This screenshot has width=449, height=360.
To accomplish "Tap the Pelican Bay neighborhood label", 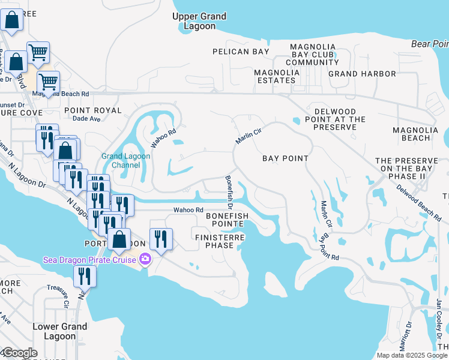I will tap(241, 52).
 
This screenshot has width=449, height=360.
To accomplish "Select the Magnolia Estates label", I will tap(277, 76).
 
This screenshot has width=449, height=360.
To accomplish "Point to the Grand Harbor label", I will tap(362, 74).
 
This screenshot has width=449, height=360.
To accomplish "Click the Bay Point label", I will tap(286, 158).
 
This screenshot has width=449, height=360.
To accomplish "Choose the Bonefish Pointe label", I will tap(225, 219).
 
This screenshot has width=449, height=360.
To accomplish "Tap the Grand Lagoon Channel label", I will tap(125, 161).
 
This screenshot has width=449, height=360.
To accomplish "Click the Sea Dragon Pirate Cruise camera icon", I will tap(145, 259).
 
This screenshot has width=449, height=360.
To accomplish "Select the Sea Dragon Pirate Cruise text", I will tap(90, 260).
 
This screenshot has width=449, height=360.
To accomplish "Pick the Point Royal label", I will tap(92, 110).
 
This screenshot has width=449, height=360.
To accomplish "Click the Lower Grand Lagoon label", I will tap(60, 331).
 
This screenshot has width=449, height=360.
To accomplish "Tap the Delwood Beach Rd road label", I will tap(421, 201).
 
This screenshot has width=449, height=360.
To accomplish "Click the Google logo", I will tap(20, 353).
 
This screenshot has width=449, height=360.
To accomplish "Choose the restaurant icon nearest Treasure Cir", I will tap(85, 277).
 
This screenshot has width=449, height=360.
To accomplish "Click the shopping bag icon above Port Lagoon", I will tap(120, 239).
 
